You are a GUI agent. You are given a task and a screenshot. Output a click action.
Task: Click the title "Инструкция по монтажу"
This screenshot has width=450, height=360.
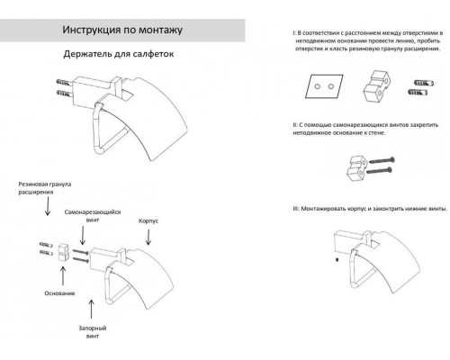(111, 30)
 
